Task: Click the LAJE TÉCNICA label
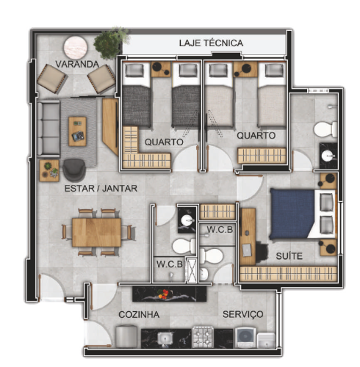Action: click(x=211, y=43)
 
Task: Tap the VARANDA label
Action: click(x=77, y=64)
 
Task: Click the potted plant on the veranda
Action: click(x=110, y=43)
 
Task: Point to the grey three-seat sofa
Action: click(x=48, y=128)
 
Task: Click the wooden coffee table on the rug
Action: click(x=77, y=131)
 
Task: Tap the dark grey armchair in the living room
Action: click(x=74, y=170)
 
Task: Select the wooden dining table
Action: click(x=96, y=233)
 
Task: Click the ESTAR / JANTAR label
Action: click(x=101, y=189)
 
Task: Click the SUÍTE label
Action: click(x=289, y=256)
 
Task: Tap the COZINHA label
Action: click(x=139, y=314)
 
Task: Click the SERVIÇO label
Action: click(x=243, y=314)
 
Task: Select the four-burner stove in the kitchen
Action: click(x=203, y=337)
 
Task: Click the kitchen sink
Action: click(x=165, y=339)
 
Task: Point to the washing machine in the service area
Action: click(x=245, y=338)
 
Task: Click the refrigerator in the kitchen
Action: click(x=126, y=336)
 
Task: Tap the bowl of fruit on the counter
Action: click(x=163, y=294)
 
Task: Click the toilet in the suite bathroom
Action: click(x=325, y=129)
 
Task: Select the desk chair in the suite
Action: click(x=262, y=252)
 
